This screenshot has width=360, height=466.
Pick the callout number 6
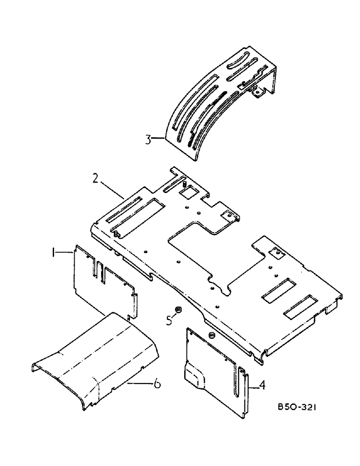pyautogui.click(x=158, y=384)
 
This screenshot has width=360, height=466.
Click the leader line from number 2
pyautogui.click(x=111, y=190)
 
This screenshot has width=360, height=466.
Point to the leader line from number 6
pyautogui.click(x=140, y=383)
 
